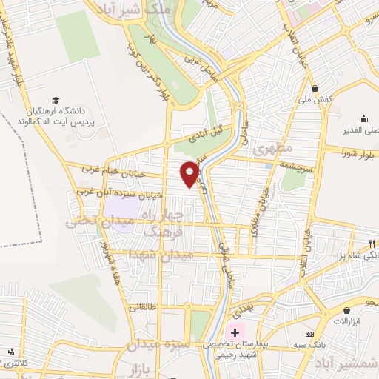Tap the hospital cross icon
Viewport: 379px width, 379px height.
(235, 333)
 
